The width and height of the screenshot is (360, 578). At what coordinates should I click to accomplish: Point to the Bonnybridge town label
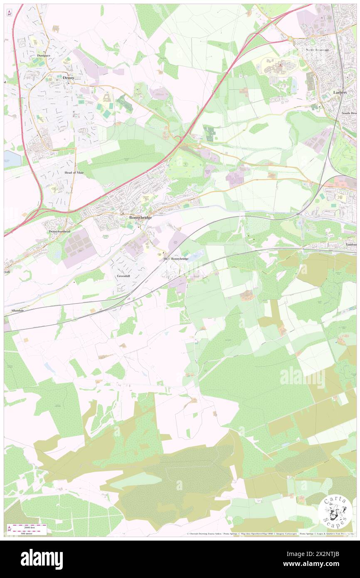point(140,217)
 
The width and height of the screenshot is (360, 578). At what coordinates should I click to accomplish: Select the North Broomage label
point(318,50)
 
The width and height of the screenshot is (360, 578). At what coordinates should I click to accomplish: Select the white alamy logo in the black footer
point(42,559)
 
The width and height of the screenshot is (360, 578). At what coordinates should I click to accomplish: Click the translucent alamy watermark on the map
point(302,378)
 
